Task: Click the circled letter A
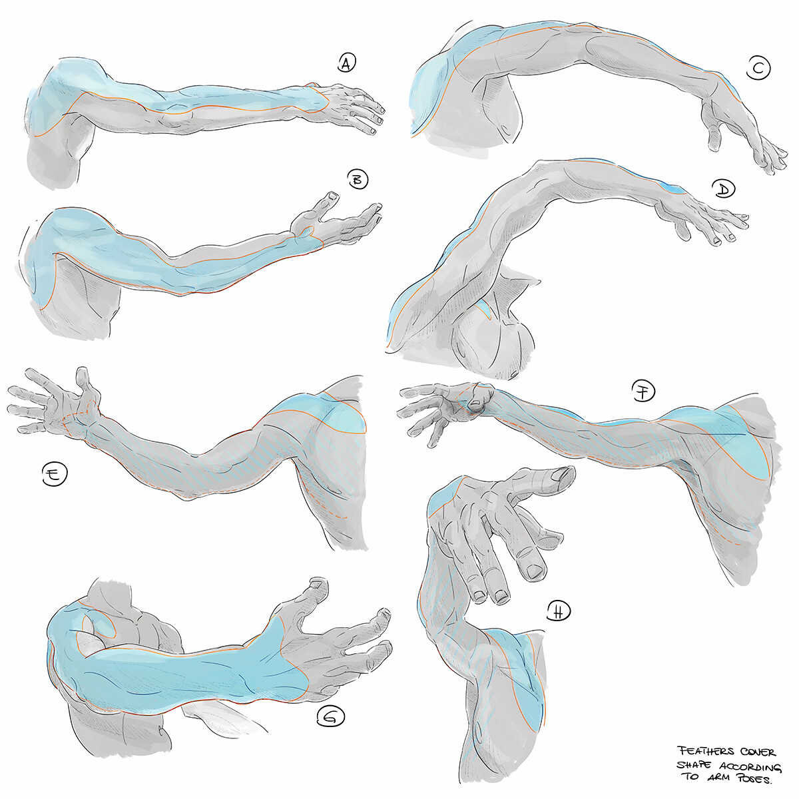point(345,63)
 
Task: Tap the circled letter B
point(358,179)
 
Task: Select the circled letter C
point(758,69)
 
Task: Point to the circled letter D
point(723,190)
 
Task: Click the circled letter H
point(558,611)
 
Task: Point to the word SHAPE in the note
point(693,766)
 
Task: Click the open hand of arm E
point(57,403)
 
